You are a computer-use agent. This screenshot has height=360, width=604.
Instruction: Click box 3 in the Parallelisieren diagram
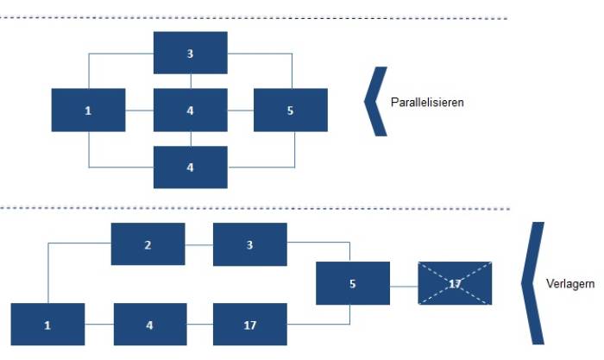click(191, 53)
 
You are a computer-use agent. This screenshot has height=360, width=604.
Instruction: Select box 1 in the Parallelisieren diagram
click(88, 110)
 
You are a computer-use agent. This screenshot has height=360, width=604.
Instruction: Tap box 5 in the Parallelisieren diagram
click(291, 110)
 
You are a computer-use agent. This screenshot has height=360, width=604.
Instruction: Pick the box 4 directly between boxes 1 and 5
click(191, 110)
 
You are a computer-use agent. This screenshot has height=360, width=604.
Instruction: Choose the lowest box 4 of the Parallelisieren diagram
click(191, 167)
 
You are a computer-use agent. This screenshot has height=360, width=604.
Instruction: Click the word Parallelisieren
click(427, 102)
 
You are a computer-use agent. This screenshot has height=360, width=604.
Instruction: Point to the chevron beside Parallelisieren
click(375, 101)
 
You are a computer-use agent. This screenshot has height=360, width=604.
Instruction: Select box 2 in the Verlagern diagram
click(148, 244)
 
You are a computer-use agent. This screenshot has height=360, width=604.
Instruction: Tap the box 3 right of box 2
click(250, 244)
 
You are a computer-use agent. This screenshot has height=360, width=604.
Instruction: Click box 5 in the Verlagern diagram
click(353, 283)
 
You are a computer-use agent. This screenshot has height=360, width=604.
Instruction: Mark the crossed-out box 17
click(455, 283)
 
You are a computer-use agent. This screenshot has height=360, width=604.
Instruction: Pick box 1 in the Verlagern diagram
click(47, 324)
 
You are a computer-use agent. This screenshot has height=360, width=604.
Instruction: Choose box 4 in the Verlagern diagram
click(150, 324)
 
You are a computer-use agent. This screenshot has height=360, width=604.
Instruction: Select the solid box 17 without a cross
click(250, 324)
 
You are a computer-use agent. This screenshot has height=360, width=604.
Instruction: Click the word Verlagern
click(570, 284)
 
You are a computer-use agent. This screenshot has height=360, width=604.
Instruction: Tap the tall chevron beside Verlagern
click(532, 283)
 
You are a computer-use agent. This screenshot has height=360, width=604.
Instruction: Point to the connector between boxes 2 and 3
click(199, 245)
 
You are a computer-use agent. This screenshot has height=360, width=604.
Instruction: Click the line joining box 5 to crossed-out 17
click(404, 287)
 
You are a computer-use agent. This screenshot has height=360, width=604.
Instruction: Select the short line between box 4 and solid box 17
click(200, 324)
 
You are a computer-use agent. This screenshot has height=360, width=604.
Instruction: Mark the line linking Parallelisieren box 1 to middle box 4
click(140, 111)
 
